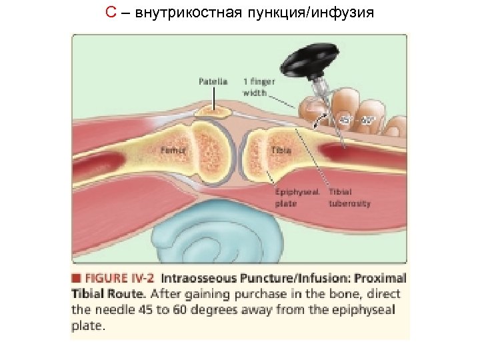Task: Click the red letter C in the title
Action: coord(111,13)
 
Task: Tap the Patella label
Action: coord(213,82)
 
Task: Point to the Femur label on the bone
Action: coord(171,151)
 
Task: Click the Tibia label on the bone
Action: coord(280,151)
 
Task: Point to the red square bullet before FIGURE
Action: coord(76,277)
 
